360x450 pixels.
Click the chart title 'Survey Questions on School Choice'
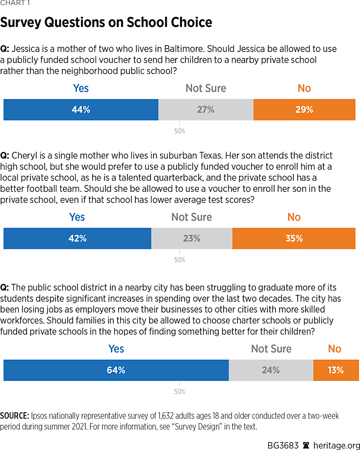click(106, 23)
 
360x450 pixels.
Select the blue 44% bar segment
click(81, 110)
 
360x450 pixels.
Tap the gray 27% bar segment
click(206, 110)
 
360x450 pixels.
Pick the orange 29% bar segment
click(304, 110)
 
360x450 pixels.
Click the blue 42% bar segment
click(77, 238)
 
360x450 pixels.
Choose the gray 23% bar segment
click(192, 238)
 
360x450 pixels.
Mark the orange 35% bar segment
click(293, 238)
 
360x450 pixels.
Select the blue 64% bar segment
click(116, 371)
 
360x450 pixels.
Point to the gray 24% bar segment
click(271, 371)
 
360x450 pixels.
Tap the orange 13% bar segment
click(335, 371)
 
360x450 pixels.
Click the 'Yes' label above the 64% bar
click(116, 349)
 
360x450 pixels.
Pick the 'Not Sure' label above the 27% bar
click(206, 88)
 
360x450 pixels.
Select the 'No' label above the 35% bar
click(293, 217)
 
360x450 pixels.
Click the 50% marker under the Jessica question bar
click(180, 132)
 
